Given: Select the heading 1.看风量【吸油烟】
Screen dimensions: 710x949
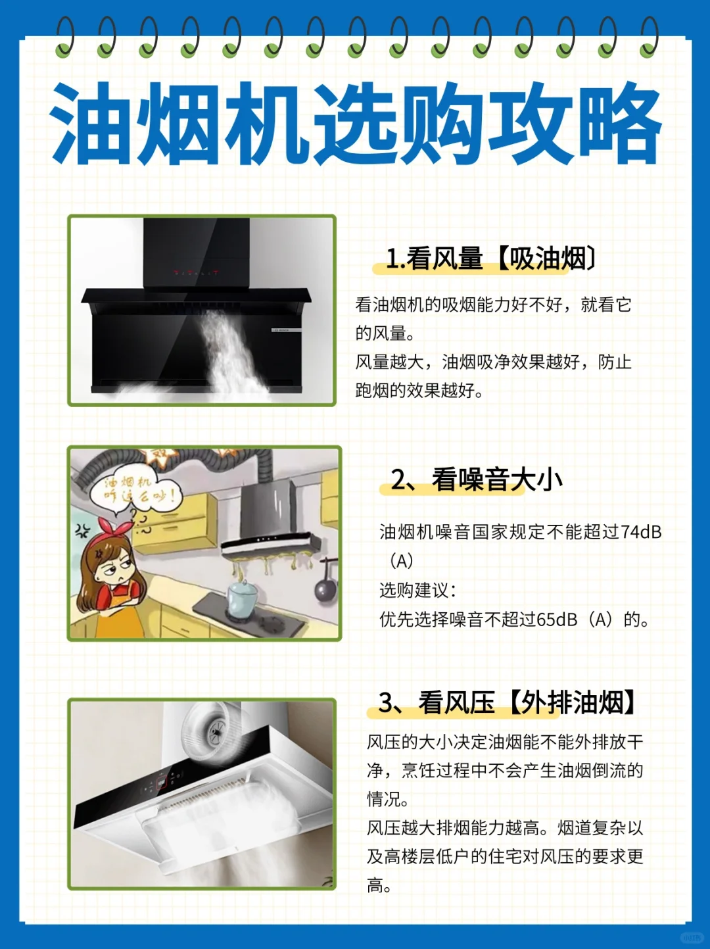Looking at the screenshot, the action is pyautogui.click(x=490, y=259).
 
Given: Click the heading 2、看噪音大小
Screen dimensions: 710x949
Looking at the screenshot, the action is pyautogui.click(x=476, y=480).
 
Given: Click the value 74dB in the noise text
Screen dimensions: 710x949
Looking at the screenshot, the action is pyautogui.click(x=641, y=532).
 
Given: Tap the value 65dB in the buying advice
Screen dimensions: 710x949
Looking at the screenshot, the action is pyautogui.click(x=557, y=620).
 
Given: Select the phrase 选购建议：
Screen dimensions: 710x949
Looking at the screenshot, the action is pyautogui.click(x=417, y=590).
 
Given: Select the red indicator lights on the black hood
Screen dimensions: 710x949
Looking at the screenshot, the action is pyautogui.click(x=196, y=272).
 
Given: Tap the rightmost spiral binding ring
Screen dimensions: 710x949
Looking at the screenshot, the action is pyautogui.click(x=648, y=37).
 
